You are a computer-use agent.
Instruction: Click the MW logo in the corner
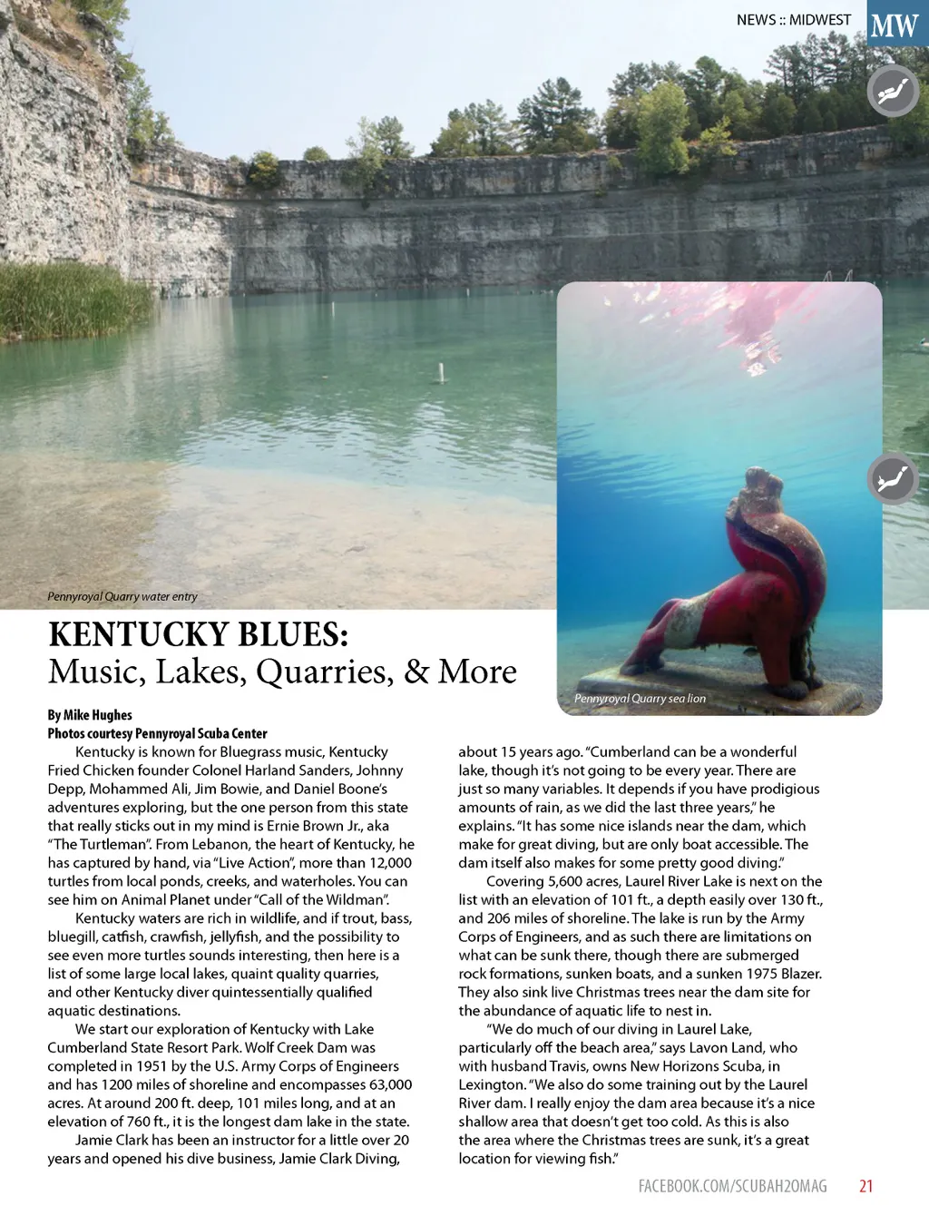click(895, 25)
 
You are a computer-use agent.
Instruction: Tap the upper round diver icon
click(893, 91)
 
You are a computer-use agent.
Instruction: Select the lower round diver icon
click(893, 477)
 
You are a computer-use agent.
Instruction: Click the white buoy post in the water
click(441, 372)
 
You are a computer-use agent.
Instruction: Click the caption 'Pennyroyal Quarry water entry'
click(122, 596)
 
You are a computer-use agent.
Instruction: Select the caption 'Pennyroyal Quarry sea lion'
click(640, 698)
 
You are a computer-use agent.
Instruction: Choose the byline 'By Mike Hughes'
click(90, 715)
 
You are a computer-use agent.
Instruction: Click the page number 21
click(865, 1185)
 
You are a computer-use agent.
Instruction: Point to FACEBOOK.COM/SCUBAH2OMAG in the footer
click(732, 1185)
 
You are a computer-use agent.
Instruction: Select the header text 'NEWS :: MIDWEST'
click(794, 19)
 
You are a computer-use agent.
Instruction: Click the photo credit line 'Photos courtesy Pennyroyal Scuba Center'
click(157, 733)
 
